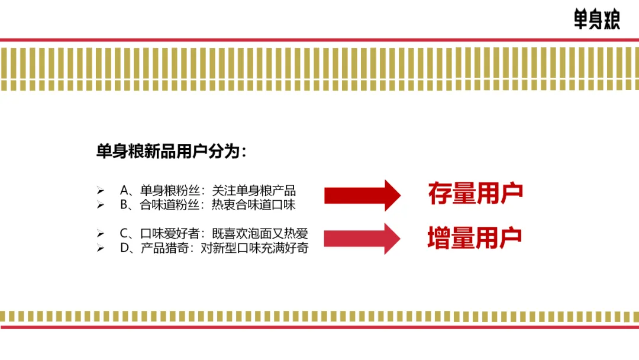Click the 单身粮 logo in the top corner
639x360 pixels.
click(x=596, y=19)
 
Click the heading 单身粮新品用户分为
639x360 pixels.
click(x=170, y=151)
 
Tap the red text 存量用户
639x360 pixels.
click(x=476, y=194)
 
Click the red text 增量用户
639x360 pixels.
click(x=475, y=237)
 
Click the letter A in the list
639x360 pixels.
click(x=124, y=191)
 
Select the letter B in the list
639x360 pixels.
click(x=124, y=205)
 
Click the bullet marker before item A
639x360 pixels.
click(x=100, y=191)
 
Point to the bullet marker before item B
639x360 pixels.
click(x=100, y=205)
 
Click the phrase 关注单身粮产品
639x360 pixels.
click(x=254, y=191)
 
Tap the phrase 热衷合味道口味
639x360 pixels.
click(x=254, y=205)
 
